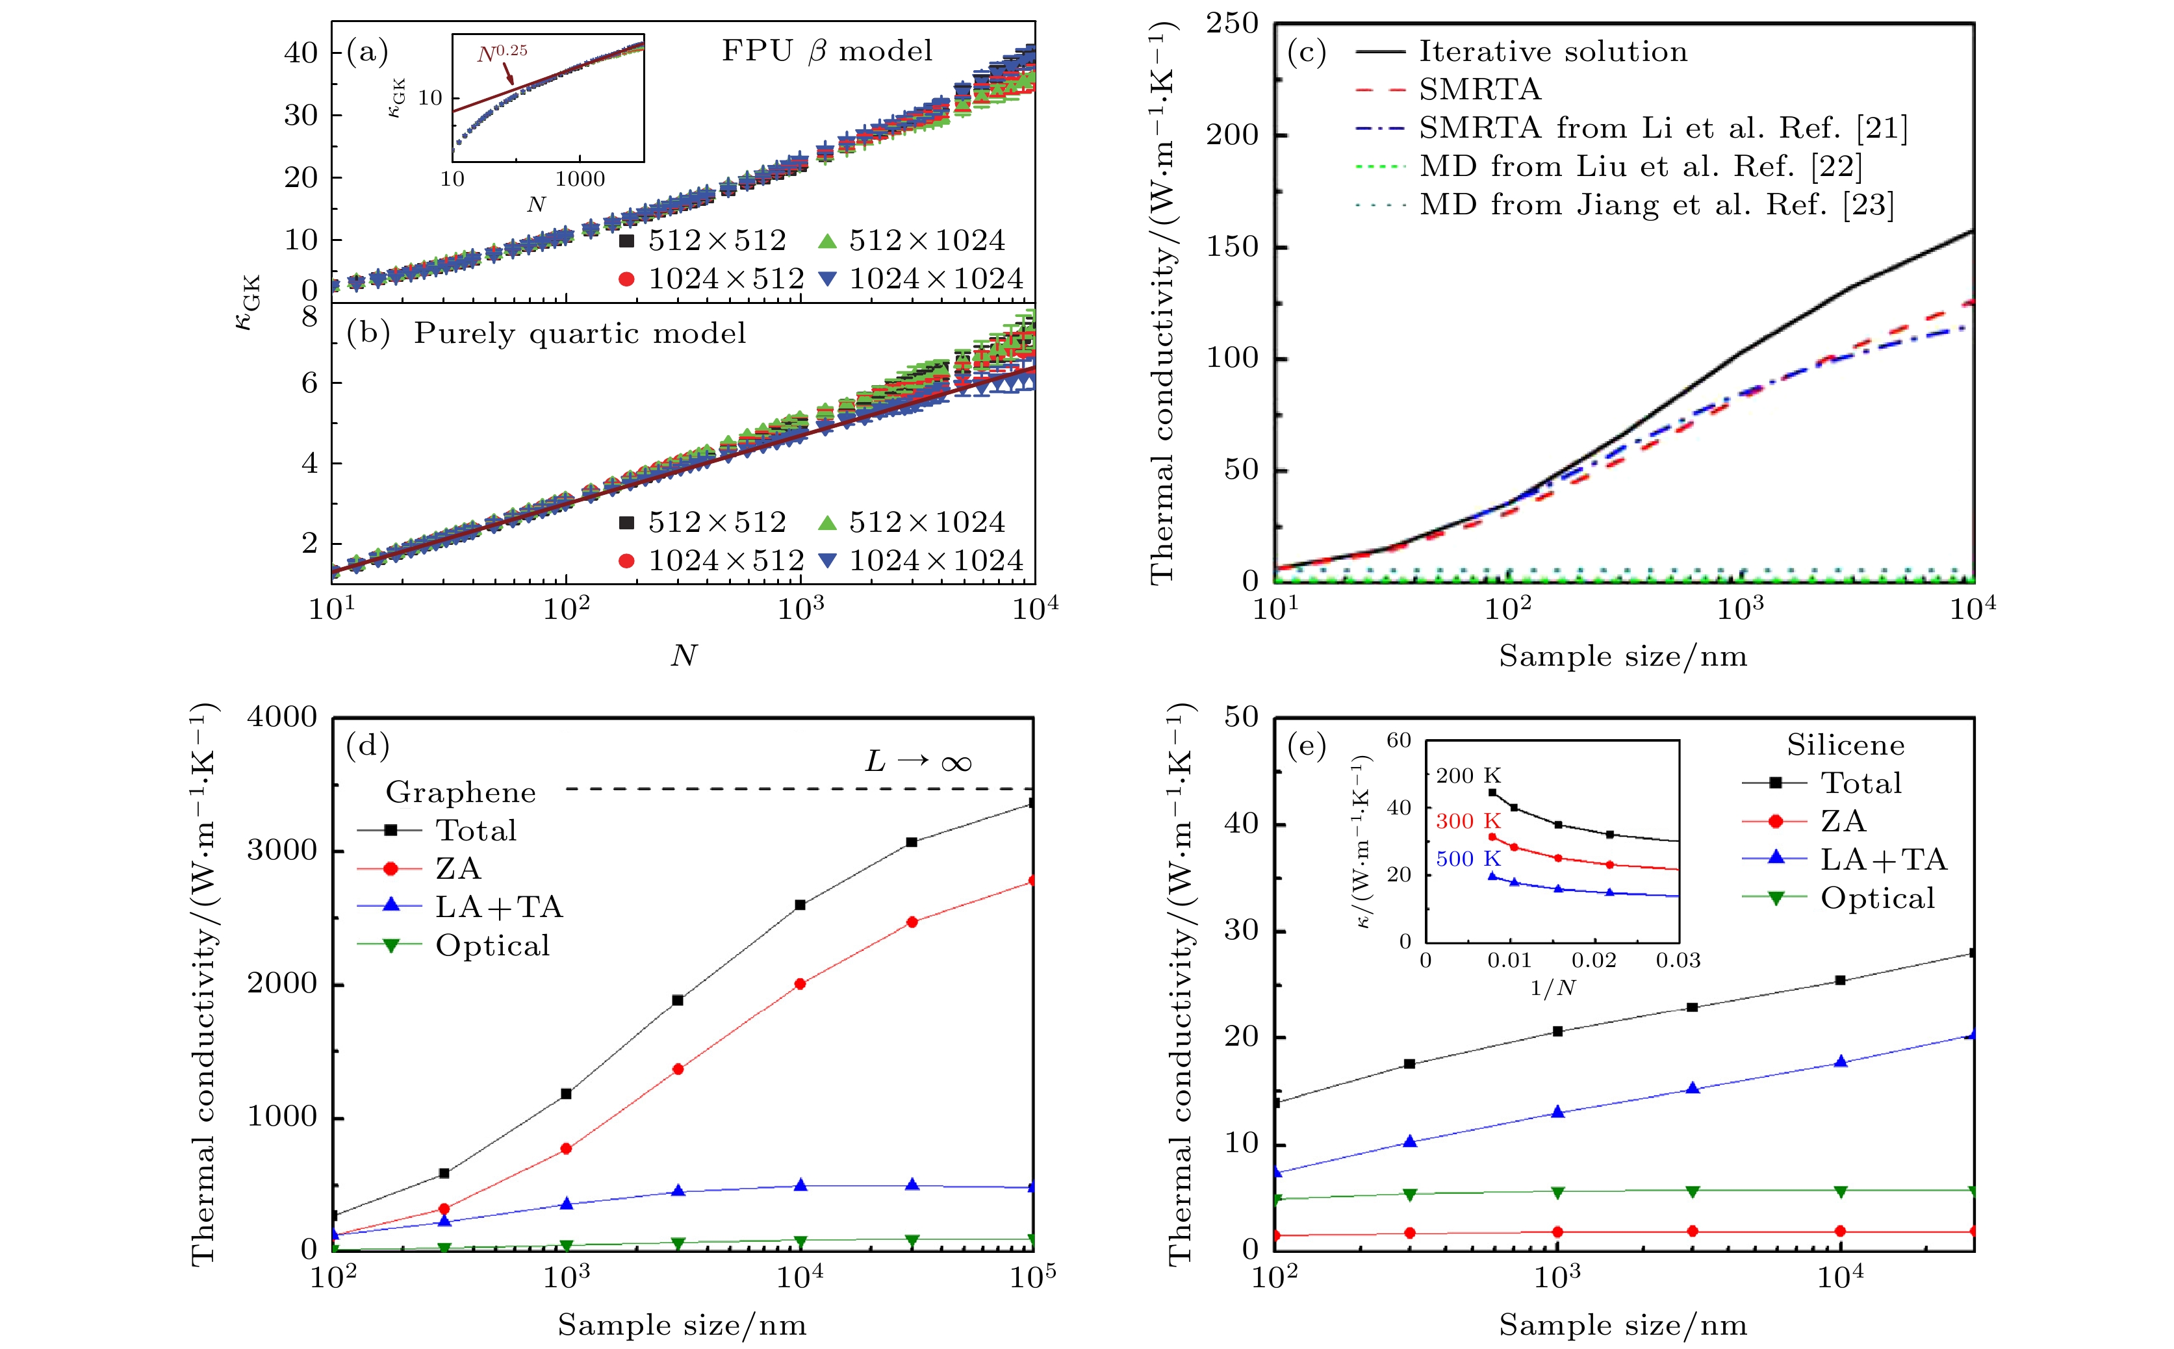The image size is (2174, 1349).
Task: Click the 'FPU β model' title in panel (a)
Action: [x=826, y=51]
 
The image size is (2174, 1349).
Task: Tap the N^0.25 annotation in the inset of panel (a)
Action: [x=502, y=53]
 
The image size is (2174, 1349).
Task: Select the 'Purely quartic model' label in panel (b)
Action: [x=579, y=334]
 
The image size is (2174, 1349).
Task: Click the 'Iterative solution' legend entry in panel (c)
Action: [x=1553, y=52]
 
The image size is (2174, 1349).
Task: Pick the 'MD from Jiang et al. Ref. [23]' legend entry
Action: [x=1656, y=205]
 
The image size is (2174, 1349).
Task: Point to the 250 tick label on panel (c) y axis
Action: [x=1232, y=24]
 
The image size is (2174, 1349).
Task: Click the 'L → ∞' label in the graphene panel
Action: [x=917, y=762]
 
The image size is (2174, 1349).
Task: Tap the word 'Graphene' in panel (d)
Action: [x=461, y=792]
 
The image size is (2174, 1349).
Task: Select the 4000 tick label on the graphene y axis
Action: [x=282, y=717]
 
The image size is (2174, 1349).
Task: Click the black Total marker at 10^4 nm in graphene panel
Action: [x=800, y=905]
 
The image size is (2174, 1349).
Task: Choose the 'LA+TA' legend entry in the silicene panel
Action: [x=1883, y=859]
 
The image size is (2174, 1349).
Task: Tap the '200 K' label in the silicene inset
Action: [x=1468, y=776]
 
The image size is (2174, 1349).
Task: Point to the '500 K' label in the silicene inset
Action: [x=1468, y=858]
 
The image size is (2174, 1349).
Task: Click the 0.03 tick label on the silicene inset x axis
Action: [x=1678, y=961]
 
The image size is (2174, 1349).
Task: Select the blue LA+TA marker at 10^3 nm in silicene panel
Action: [x=1558, y=1113]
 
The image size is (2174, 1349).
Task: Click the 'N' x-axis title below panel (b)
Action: [x=683, y=656]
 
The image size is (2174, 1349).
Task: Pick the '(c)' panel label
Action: [x=1307, y=52]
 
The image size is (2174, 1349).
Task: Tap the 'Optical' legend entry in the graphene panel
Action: [x=492, y=946]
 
